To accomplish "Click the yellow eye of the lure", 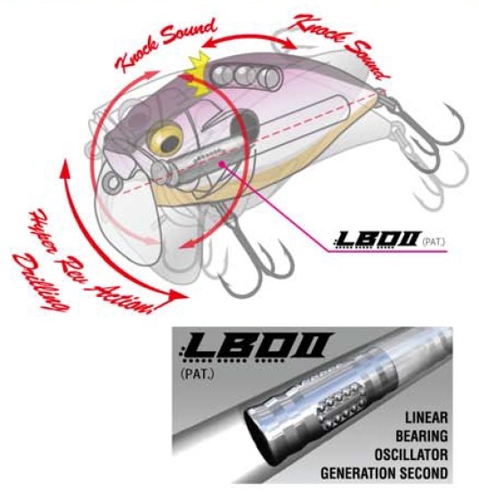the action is click(166, 140).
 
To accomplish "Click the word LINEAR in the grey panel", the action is click(426, 417).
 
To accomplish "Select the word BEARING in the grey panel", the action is click(421, 436).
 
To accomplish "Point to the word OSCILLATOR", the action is click(411, 455).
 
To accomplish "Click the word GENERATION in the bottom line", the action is click(357, 473).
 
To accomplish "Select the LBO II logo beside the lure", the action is click(377, 240).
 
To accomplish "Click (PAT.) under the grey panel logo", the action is click(198, 375).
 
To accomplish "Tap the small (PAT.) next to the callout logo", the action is click(434, 242).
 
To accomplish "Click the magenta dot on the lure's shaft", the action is click(222, 163).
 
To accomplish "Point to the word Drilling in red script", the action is click(40, 282).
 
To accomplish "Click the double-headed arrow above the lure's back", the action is click(248, 37).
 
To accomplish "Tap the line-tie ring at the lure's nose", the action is click(111, 183).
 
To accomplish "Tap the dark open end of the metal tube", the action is click(258, 436).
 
